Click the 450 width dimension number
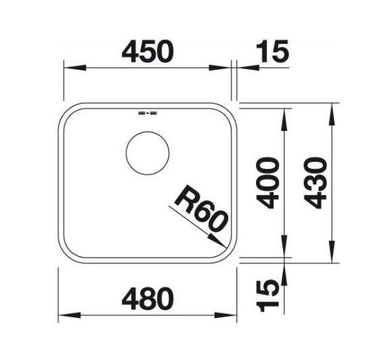pyautogui.click(x=148, y=51)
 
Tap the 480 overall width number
pyautogui.click(x=148, y=298)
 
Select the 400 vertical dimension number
pyautogui.click(x=267, y=183)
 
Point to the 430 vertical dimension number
pyautogui.click(x=315, y=183)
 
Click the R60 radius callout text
pyautogui.click(x=200, y=208)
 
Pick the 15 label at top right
pyautogui.click(x=272, y=51)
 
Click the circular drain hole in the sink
pyautogui.click(x=147, y=153)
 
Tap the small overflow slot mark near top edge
pyautogui.click(x=148, y=113)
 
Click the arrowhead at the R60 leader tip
pyautogui.click(x=217, y=241)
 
